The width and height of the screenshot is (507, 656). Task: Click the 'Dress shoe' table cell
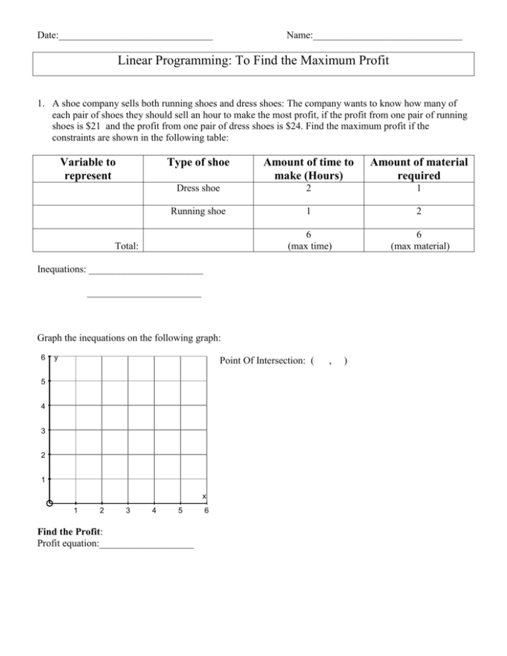pos(197,188)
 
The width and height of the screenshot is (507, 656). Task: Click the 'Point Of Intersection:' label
pos(263,361)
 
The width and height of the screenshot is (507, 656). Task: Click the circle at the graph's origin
pos(50,504)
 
